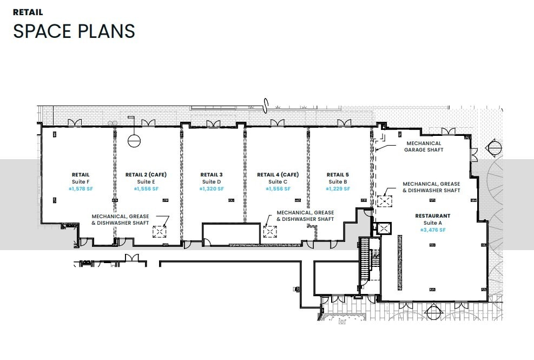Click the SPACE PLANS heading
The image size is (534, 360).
point(74,31)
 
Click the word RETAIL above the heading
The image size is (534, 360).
point(28,12)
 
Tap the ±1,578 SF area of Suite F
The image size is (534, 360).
point(80,189)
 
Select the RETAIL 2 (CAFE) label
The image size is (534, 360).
point(146,175)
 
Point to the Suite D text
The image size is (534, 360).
point(211,182)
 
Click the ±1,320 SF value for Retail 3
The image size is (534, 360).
point(211,189)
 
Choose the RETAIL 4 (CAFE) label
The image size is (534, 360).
point(278,175)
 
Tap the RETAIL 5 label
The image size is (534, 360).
point(338,175)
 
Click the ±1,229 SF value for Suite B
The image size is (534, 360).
point(338,189)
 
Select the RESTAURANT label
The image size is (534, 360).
point(432,216)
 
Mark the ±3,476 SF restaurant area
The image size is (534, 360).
point(432,230)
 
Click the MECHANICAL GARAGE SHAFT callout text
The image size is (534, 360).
point(424,147)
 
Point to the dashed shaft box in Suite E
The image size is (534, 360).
point(159,232)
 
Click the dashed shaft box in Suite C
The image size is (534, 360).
point(270,232)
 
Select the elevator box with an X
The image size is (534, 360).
point(383,228)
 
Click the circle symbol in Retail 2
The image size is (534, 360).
point(134,141)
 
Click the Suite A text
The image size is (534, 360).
point(432,223)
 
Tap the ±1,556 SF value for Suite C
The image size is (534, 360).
point(278,189)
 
